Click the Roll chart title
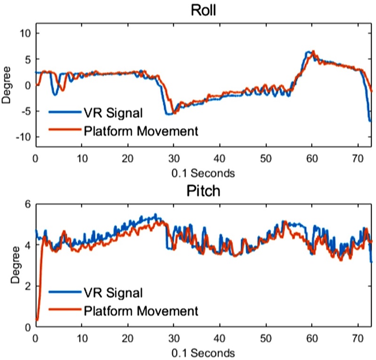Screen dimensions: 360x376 pos(203,9)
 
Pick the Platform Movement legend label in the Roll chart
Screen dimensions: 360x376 pos(141,131)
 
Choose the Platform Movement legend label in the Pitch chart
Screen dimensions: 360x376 pos(141,311)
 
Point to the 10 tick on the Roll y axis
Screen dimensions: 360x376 pos(24,33)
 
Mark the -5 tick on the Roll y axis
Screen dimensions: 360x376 pos(24,111)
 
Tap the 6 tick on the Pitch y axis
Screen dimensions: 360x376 pos(28,204)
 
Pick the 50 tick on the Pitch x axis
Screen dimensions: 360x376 pos(266,339)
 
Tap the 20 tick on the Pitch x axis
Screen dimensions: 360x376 pos(128,339)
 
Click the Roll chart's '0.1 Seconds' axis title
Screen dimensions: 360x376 pos(203,173)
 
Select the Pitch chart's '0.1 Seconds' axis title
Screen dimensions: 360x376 pos(203,352)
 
